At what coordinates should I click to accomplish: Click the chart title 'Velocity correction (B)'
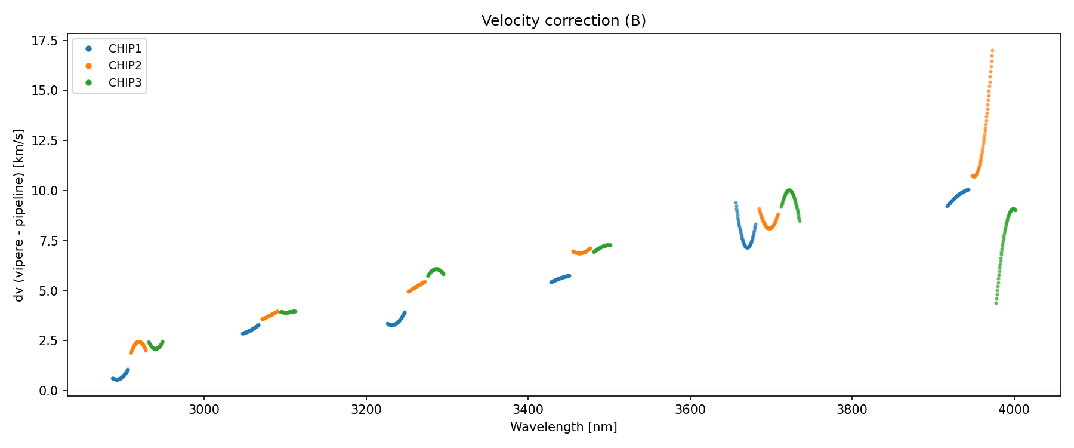(564, 21)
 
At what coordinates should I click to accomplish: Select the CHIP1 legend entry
(125, 48)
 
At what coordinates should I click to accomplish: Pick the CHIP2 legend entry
(125, 66)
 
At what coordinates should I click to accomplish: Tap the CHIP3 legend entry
(125, 83)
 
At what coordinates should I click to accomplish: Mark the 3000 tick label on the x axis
(204, 410)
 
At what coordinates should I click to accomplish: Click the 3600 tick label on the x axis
(690, 410)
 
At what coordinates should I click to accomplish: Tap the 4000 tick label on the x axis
(1014, 410)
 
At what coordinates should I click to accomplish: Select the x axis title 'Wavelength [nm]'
(564, 427)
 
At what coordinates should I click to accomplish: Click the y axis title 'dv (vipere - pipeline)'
(19, 215)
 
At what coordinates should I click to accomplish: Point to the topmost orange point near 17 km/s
(992, 51)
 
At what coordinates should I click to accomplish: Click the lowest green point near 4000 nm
(996, 303)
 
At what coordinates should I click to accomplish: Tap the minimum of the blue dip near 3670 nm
(747, 247)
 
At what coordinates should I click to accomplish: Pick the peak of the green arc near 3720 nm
(789, 191)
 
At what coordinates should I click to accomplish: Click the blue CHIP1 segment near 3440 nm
(560, 278)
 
